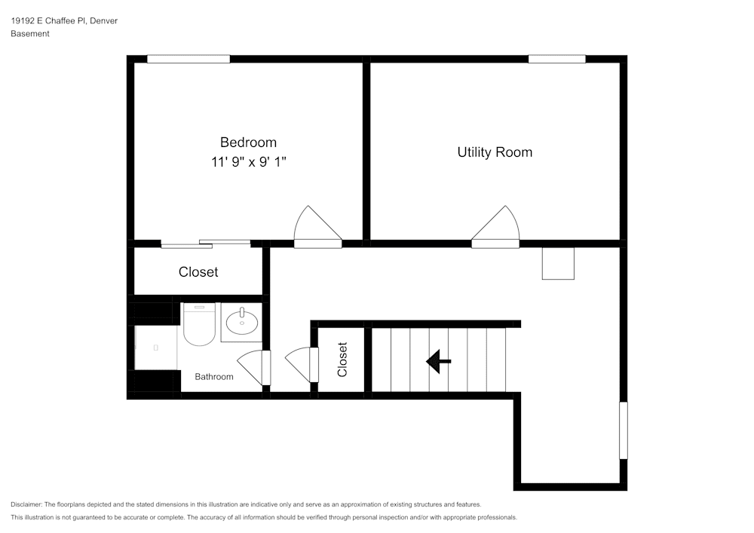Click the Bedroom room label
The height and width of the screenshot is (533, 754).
248,142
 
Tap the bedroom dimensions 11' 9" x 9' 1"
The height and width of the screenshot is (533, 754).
248,161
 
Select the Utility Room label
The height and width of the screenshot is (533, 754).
495,152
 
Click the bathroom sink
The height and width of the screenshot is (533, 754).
241,323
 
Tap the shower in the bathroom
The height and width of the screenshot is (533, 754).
156,348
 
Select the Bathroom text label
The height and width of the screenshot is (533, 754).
214,376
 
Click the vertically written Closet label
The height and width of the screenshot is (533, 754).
342,360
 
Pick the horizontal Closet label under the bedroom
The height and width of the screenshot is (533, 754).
198,272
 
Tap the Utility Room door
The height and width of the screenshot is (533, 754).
496,228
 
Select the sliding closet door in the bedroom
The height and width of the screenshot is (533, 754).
205,243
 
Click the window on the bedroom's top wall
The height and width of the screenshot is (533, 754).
188,59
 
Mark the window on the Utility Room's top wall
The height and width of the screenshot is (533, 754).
556,59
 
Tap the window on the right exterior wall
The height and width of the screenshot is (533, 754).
623,430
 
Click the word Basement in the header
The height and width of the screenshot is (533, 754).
30,34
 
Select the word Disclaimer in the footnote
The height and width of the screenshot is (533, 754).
26,504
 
